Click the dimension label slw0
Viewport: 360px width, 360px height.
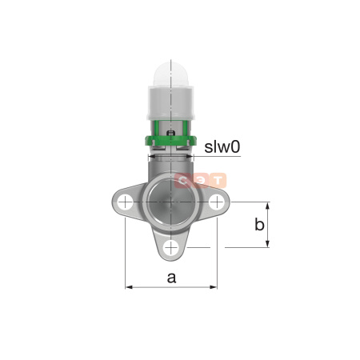[222, 147]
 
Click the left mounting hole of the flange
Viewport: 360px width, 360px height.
[125, 203]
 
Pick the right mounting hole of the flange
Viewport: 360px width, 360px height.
[216, 203]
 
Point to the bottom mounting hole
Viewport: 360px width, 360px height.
[170, 247]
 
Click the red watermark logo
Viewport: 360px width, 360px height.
[202, 181]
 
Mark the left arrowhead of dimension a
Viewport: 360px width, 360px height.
[128, 286]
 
